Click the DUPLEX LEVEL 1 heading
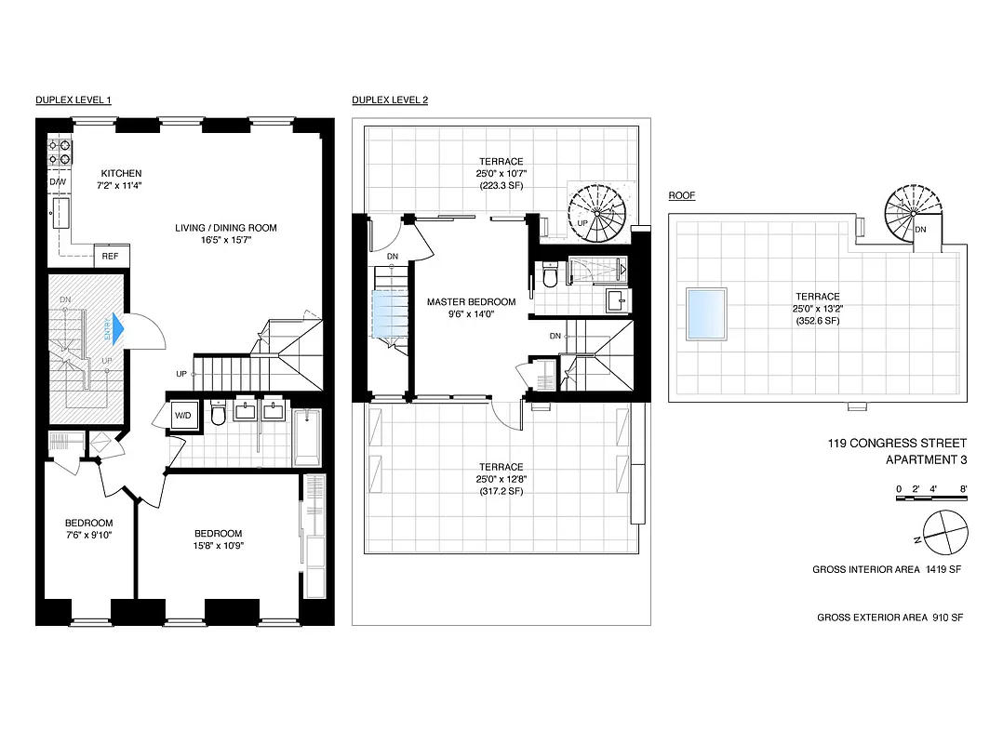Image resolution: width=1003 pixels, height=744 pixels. point(74,100)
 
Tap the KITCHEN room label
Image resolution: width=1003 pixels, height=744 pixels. point(121,174)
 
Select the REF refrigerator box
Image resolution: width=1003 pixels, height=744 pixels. point(111,256)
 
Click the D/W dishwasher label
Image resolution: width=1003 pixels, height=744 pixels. point(58,182)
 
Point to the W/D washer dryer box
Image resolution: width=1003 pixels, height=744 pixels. point(182,415)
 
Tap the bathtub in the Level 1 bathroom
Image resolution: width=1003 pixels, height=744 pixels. point(307,438)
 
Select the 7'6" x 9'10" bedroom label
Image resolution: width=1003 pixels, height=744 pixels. point(88,536)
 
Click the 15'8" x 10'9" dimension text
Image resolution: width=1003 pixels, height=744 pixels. point(218,547)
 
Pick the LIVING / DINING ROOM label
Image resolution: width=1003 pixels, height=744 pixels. point(226,228)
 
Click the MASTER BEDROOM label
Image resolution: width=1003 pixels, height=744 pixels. point(471,302)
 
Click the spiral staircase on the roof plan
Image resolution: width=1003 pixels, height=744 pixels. point(909,210)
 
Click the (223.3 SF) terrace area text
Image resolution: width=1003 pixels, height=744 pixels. point(501,186)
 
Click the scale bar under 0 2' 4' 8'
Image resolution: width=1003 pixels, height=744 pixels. point(930,500)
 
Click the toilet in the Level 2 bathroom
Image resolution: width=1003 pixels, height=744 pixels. point(551,276)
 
